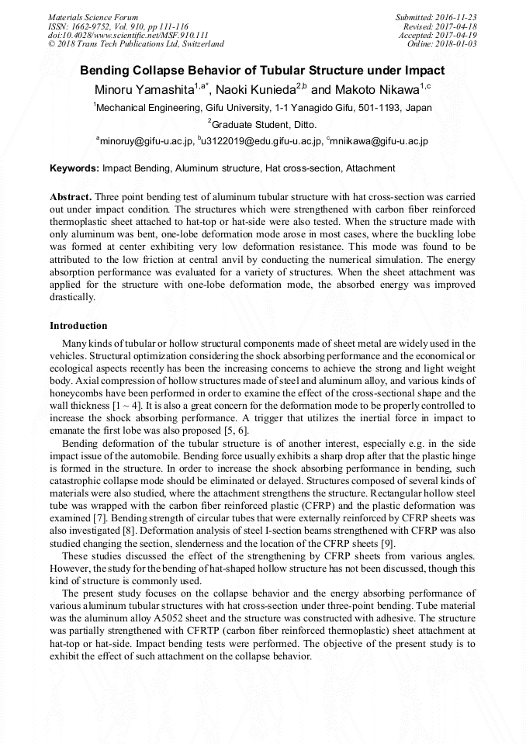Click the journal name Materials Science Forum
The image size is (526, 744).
click(93, 17)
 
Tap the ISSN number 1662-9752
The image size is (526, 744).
click(92, 26)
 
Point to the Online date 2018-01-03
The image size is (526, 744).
click(458, 44)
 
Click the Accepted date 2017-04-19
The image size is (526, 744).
click(458, 35)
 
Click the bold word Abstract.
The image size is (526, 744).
click(71, 197)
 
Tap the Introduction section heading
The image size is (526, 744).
click(78, 325)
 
